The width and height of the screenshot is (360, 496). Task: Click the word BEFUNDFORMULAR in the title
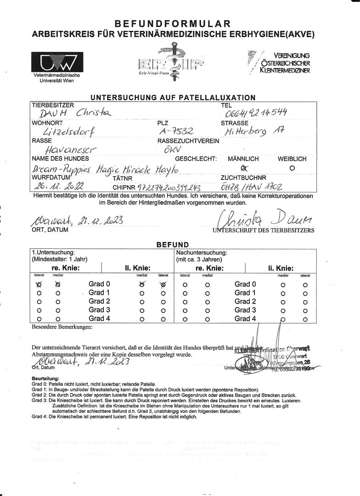(172, 23)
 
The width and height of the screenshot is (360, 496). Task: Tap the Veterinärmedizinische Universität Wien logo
(57, 62)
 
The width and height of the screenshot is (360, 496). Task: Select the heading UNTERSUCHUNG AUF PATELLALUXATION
(173, 97)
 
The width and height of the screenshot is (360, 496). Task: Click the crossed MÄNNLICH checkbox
(244, 168)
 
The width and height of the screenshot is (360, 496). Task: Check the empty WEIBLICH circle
(292, 168)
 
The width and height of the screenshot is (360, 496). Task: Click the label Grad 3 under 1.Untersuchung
(99, 310)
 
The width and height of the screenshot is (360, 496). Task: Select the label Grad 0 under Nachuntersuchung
(245, 284)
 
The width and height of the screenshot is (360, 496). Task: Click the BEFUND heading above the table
(173, 245)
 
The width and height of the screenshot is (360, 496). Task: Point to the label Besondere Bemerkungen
(62, 327)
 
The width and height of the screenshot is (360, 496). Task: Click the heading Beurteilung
(45, 378)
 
